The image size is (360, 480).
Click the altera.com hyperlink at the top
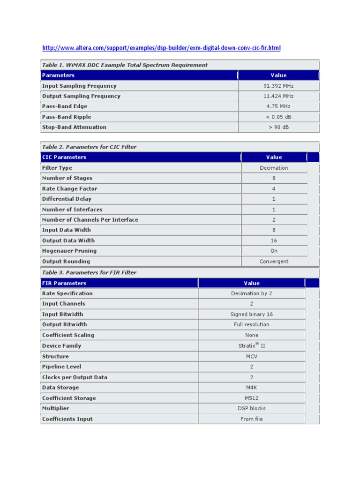click(161, 48)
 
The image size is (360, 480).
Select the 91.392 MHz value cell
click(278, 86)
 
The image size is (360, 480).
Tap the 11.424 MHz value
click(278, 96)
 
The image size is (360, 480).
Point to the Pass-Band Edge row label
click(65, 106)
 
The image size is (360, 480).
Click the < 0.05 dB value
click(278, 117)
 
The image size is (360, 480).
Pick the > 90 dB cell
click(278, 127)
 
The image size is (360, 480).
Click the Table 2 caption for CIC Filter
click(89, 147)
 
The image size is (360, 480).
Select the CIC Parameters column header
click(64, 157)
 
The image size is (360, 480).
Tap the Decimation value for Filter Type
click(274, 168)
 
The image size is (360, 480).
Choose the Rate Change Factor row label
click(70, 188)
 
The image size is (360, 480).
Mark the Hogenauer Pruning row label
click(69, 251)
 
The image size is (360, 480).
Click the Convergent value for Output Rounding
click(274, 262)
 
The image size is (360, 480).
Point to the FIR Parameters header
click(64, 283)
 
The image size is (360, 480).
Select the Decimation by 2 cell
click(252, 293)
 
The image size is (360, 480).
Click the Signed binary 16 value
click(252, 314)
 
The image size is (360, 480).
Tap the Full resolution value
click(252, 324)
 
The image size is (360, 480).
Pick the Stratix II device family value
click(252, 345)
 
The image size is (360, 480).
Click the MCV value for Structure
click(252, 356)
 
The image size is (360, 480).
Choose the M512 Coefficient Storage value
click(252, 398)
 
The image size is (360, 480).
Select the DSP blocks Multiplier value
click(252, 408)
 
